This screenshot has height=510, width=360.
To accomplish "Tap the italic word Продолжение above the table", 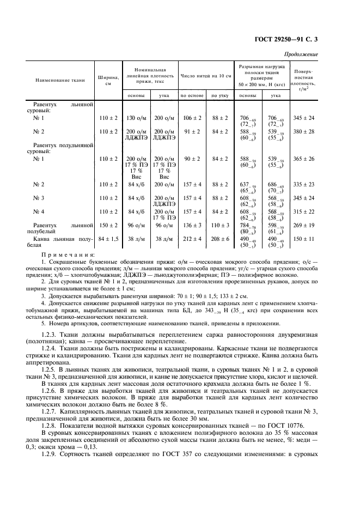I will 302,54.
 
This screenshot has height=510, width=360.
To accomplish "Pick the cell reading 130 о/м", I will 136,117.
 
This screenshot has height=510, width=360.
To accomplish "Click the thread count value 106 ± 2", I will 192,117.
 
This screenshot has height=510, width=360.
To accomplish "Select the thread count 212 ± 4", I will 192,238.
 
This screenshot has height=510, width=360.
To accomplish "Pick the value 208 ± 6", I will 220,238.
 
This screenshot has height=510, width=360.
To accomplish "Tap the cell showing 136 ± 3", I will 192,224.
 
